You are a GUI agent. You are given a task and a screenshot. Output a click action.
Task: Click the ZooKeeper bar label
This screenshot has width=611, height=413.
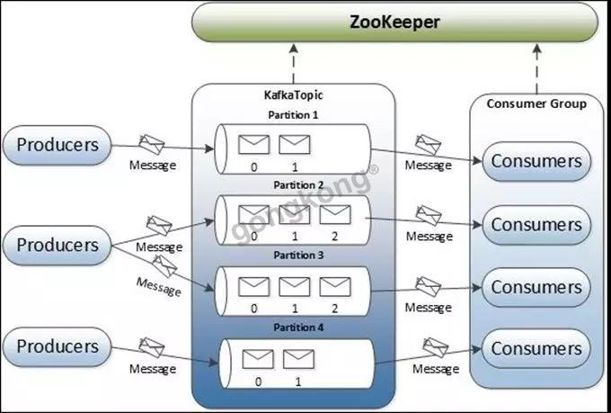pyautogui.click(x=394, y=22)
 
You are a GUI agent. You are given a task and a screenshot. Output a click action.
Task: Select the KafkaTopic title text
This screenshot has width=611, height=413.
pyautogui.click(x=294, y=94)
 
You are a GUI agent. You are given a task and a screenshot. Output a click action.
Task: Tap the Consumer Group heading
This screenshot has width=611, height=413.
pyautogui.click(x=536, y=103)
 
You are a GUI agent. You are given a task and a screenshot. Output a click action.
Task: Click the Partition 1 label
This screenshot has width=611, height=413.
pyautogui.click(x=293, y=115)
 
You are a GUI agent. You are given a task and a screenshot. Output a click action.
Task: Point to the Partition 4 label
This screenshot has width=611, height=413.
pyautogui.click(x=298, y=328)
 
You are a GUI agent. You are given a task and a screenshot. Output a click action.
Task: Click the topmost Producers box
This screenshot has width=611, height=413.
pyautogui.click(x=58, y=145)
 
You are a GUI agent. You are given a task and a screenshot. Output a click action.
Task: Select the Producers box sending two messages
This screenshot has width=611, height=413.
pyautogui.click(x=58, y=245)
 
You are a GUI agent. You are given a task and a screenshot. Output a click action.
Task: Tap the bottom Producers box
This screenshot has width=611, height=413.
pyautogui.click(x=58, y=346)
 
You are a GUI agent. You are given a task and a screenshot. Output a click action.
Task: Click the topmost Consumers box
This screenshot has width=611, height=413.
pyautogui.click(x=536, y=161)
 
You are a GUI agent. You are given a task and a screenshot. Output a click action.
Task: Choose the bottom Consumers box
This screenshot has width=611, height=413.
pyautogui.click(x=536, y=348)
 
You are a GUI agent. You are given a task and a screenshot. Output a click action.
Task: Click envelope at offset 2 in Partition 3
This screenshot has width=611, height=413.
pyautogui.click(x=335, y=286)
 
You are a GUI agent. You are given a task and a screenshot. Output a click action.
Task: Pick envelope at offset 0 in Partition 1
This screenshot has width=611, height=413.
pyautogui.click(x=253, y=145)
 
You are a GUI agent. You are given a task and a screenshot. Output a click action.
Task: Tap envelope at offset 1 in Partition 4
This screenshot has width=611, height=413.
pyautogui.click(x=298, y=359)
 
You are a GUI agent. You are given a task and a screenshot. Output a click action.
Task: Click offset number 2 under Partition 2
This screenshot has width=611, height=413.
pyautogui.click(x=335, y=236)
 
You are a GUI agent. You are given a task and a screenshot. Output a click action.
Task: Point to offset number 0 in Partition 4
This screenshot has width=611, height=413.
pyautogui.click(x=258, y=382)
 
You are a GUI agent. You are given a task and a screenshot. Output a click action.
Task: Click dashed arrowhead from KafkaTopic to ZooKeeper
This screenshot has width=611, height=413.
pyautogui.click(x=294, y=49)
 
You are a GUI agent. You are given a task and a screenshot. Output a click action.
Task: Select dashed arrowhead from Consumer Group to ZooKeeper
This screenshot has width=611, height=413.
pyautogui.click(x=537, y=49)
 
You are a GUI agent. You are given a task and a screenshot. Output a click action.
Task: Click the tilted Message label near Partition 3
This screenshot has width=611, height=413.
pyautogui.click(x=159, y=286)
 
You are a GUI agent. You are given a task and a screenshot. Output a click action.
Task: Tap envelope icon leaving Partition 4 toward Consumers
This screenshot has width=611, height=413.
pyautogui.click(x=435, y=347)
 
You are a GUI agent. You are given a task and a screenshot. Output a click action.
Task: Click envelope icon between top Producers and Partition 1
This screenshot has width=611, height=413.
pyautogui.click(x=152, y=145)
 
